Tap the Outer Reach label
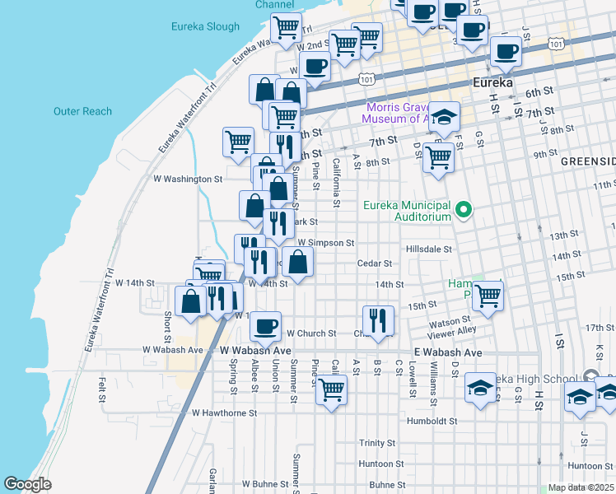pos(82,111)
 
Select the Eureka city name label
pos(493,83)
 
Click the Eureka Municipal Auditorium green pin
pos(464,210)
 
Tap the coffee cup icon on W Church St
pos(266,326)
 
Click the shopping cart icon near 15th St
pos(488,295)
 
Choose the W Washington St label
pos(189,178)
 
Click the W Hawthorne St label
pos(224,412)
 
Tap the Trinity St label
pos(377,443)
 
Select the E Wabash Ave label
pos(447,352)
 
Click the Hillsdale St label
pos(429,249)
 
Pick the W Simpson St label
pos(325,243)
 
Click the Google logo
pos(27,485)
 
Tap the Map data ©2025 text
pos(581,487)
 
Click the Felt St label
pos(102,389)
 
